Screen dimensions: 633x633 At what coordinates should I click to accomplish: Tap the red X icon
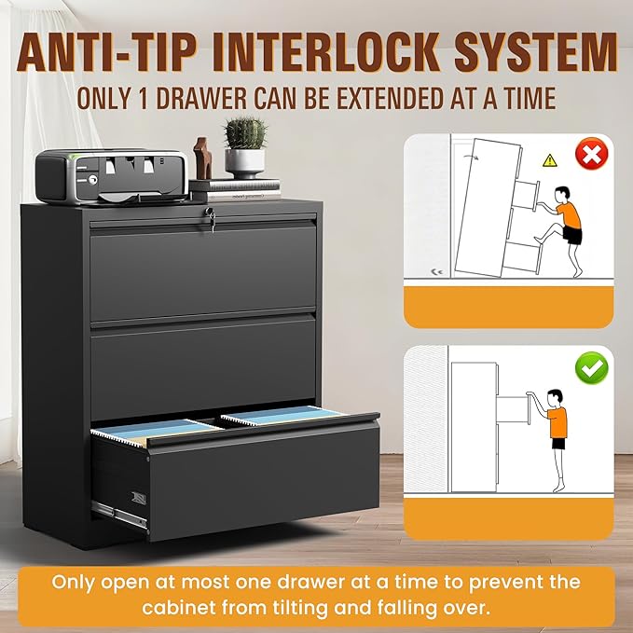pyautogui.click(x=589, y=157)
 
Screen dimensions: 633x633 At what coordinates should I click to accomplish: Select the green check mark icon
pyautogui.click(x=589, y=370)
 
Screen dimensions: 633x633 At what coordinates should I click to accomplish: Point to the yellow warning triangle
pyautogui.click(x=550, y=160)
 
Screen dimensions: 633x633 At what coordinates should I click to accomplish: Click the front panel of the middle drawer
pyautogui.click(x=205, y=366)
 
